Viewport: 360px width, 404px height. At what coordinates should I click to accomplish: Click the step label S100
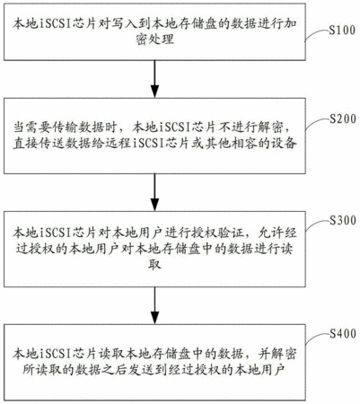click(x=342, y=30)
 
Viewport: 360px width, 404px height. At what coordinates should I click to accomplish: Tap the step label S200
click(x=343, y=119)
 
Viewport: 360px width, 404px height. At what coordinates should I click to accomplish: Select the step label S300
click(x=343, y=221)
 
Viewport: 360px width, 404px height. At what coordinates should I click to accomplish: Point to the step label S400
click(x=343, y=333)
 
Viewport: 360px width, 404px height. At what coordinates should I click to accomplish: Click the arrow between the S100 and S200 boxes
click(x=154, y=79)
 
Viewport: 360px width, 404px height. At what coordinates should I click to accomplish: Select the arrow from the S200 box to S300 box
click(x=154, y=192)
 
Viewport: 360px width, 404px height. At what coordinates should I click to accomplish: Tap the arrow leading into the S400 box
click(x=154, y=305)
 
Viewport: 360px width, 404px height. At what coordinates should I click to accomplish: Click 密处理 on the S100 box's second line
click(x=154, y=40)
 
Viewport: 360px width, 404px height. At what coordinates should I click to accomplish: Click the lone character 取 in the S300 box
click(x=154, y=265)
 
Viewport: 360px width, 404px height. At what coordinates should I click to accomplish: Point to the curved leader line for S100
click(x=317, y=34)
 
